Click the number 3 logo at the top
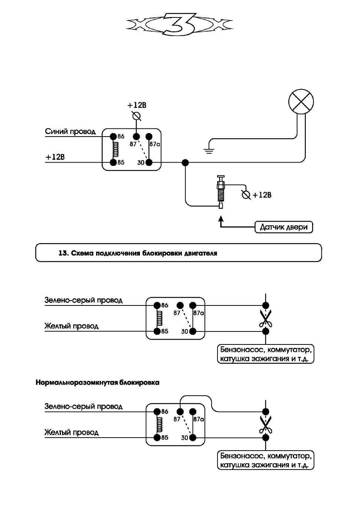pyautogui.click(x=180, y=24)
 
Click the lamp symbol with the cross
pyautogui.click(x=301, y=102)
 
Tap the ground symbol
pyautogui.click(x=209, y=151)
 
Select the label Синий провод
pyautogui.click(x=70, y=132)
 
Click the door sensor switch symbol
pyautogui.click(x=221, y=192)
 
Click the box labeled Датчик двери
pyautogui.click(x=284, y=227)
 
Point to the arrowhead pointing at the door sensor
pyautogui.click(x=221, y=219)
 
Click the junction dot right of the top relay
pyautogui.click(x=185, y=163)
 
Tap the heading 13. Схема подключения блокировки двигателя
pyautogui.click(x=138, y=253)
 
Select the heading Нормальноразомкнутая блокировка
pyautogui.click(x=98, y=382)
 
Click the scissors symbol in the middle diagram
pyautogui.click(x=265, y=318)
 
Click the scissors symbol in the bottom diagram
pyautogui.click(x=265, y=424)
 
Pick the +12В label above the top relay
pyautogui.click(x=137, y=105)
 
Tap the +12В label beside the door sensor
pyautogui.click(x=262, y=195)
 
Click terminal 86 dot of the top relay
pyautogui.click(x=113, y=136)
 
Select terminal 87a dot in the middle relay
pyautogui.click(x=193, y=305)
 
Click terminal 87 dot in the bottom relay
pyautogui.click(x=180, y=411)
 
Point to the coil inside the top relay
pyautogui.click(x=116, y=149)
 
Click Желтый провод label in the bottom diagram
pyautogui.click(x=72, y=432)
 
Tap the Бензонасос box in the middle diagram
pyautogui.click(x=265, y=354)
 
